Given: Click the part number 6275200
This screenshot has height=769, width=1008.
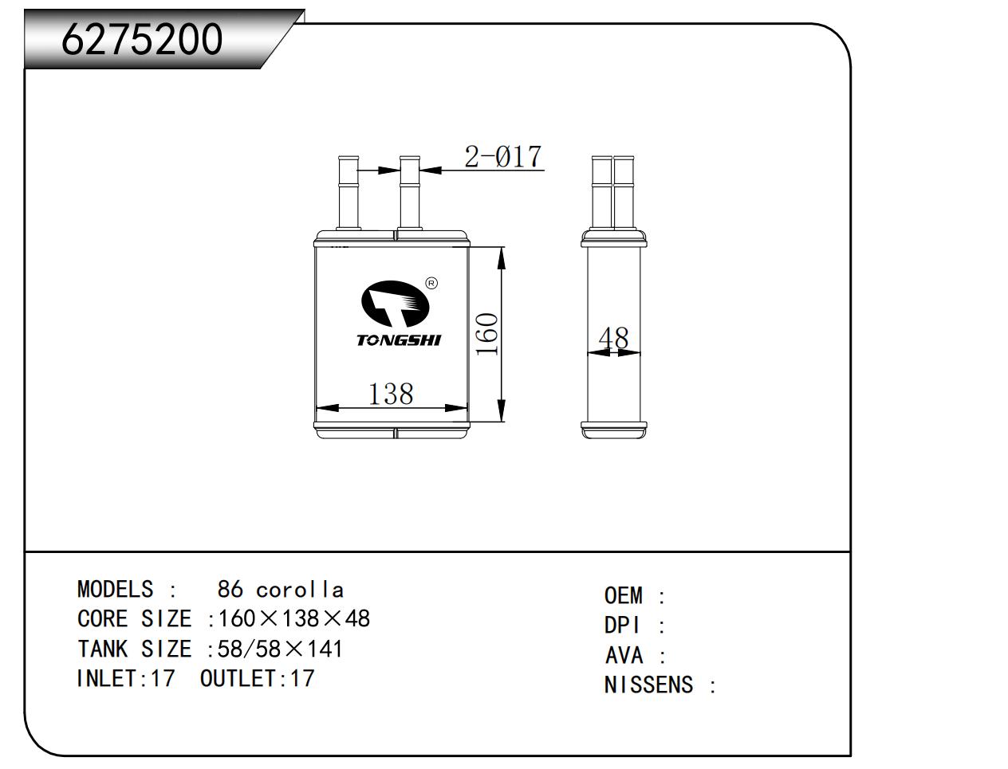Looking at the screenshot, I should click(x=142, y=39).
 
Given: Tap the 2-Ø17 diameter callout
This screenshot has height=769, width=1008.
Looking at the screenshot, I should click(x=502, y=156).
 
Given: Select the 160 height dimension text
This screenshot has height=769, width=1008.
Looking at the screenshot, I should click(x=486, y=334).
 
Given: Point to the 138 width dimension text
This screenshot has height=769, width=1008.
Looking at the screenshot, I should click(x=391, y=394).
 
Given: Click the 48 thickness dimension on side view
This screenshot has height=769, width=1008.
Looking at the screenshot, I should click(x=613, y=338).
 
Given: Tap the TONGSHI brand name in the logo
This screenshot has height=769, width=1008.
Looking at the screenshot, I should click(x=398, y=340).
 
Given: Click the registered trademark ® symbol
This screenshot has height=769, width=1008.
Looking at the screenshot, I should click(x=431, y=283).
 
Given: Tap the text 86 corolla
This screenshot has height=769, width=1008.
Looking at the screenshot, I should click(x=281, y=589).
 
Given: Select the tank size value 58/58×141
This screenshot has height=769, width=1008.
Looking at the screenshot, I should click(x=281, y=649).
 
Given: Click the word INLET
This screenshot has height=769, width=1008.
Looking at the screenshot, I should click(x=107, y=678).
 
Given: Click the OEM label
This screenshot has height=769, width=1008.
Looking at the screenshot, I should click(x=623, y=595).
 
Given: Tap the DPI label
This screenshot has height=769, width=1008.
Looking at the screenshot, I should click(x=622, y=626).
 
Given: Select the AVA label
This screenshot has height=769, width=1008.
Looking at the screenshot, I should click(x=624, y=655).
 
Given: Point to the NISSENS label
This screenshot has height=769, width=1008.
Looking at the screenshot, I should click(x=648, y=685).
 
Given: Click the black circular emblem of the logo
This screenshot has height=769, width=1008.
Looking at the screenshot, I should click(x=395, y=305).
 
